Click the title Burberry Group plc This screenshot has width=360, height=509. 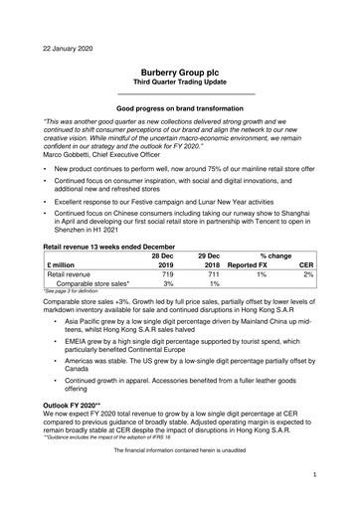pyautogui.click(x=180, y=73)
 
